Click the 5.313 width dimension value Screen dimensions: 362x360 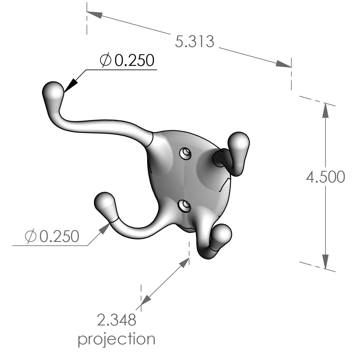coord(195,41)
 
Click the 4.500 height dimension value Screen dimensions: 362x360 coord(325,177)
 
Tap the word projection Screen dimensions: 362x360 coord(116,339)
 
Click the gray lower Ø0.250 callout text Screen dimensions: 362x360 coord(52,236)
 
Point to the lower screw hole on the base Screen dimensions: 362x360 coord(184,206)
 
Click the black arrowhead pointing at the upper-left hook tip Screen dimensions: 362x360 coord(70,86)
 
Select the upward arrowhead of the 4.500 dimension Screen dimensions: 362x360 coord(325,110)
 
